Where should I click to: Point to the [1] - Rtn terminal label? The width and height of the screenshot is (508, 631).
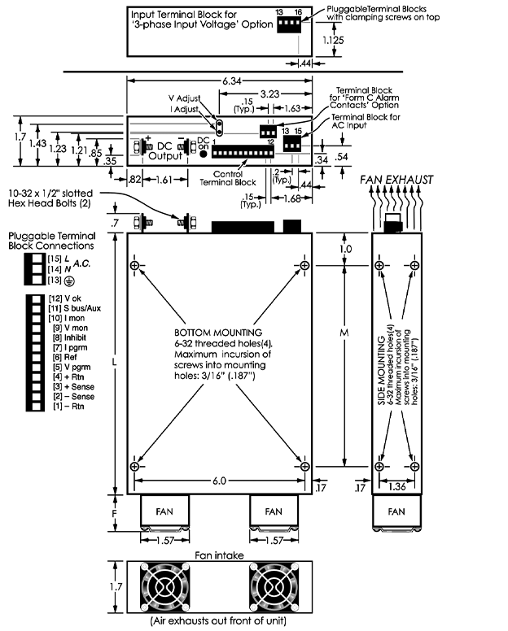coord(66,405)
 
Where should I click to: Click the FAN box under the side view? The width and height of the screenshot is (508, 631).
coord(396,512)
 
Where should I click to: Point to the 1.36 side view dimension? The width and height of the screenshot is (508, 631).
coord(395,488)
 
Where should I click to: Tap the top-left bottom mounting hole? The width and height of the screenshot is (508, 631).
coord(134,266)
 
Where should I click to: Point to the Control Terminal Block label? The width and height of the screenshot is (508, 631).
coord(223,178)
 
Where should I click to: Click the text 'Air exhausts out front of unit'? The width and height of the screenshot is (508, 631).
coord(218,620)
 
